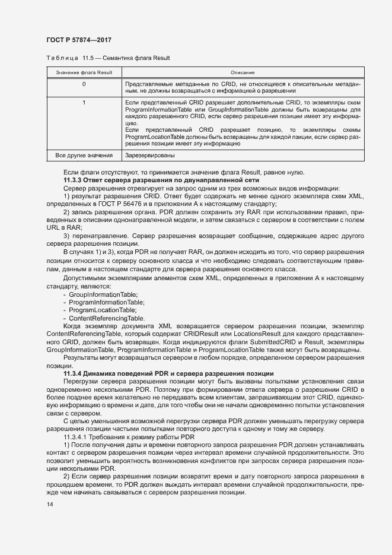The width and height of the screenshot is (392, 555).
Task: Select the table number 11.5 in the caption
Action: point(89,58)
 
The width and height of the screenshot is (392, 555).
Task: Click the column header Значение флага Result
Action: point(84,72)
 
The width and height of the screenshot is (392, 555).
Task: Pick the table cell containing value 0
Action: point(84,84)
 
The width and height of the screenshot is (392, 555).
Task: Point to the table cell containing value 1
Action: point(84,103)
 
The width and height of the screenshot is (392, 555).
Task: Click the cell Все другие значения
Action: point(84,156)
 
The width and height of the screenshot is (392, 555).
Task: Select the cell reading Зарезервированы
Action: point(149,156)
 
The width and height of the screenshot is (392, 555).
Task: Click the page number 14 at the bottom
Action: point(49,504)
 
